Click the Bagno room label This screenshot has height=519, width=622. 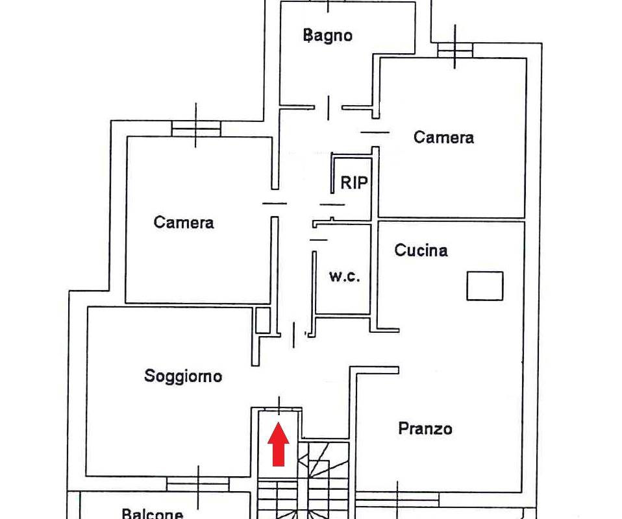tap(328, 35)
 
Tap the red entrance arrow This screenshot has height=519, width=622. tap(278, 444)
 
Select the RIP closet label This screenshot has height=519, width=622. tap(355, 183)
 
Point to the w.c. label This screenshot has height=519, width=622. tap(345, 276)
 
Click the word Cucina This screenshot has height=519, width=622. tap(421, 250)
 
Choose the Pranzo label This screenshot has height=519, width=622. tap(425, 429)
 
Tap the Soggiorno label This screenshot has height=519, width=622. tap(183, 376)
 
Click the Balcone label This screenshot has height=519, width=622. tap(153, 513)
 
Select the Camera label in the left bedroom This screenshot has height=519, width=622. tap(184, 223)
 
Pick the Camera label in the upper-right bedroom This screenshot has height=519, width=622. tap(443, 138)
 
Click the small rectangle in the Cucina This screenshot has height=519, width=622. tap(485, 286)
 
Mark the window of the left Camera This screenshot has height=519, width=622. tap(196, 129)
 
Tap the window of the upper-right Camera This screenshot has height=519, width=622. tap(455, 51)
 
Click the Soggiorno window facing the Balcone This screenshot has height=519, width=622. tap(198, 484)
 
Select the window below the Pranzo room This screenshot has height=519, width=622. tap(397, 499)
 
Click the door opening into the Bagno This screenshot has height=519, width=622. tap(329, 108)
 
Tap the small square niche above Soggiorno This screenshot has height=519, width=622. tap(262, 320)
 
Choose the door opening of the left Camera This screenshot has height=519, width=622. tap(275, 204)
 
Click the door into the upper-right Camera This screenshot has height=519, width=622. tap(375, 132)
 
